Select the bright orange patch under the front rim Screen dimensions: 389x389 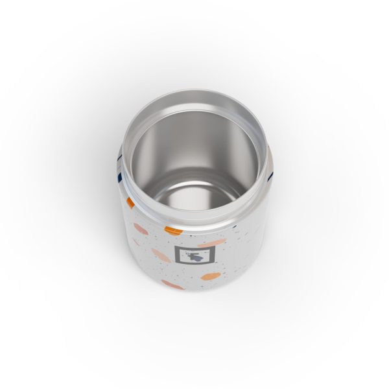(174, 229)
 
